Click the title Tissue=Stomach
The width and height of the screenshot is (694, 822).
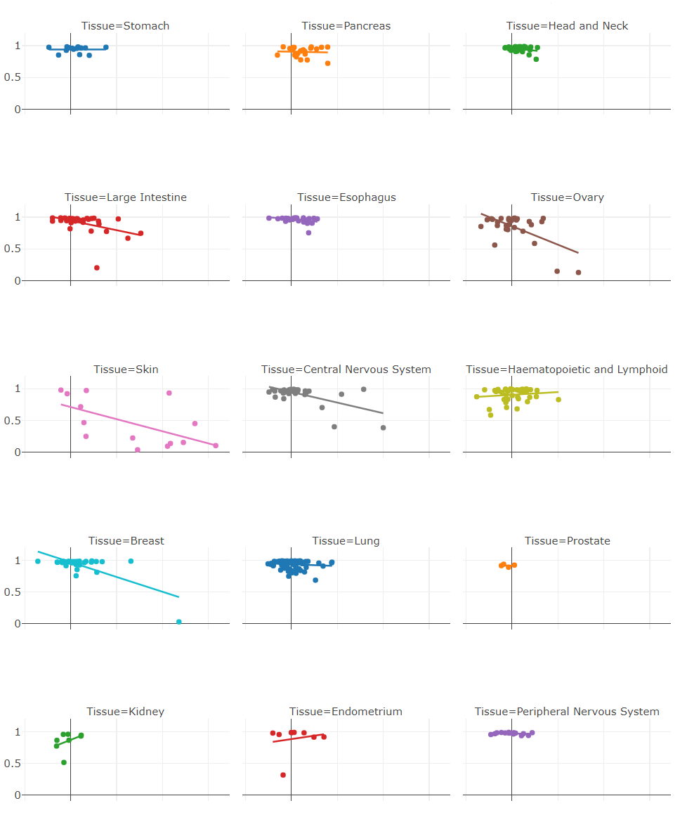pos(125,26)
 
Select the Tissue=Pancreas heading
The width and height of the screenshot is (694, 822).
pos(346,26)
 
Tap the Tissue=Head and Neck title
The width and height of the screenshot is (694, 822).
pos(567,26)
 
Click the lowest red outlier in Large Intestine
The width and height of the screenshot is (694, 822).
pos(97,268)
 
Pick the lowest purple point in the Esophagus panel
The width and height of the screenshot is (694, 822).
pos(308,233)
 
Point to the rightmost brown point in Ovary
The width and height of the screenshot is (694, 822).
pos(579,273)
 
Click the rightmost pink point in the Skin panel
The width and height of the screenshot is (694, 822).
pos(216,445)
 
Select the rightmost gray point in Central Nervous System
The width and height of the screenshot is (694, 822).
pos(383,428)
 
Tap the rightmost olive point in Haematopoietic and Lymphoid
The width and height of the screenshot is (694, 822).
pos(558,400)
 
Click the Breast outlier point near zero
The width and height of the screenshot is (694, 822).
pos(179,622)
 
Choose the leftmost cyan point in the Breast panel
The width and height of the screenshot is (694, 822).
pos(38,561)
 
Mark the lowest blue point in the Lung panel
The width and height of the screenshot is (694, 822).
pos(315,580)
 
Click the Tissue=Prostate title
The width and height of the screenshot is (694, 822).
pos(567,541)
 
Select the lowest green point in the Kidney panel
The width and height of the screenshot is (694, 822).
pos(64,762)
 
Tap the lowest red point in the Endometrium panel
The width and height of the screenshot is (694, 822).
pos(283,775)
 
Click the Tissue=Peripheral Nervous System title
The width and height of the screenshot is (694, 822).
pos(567,712)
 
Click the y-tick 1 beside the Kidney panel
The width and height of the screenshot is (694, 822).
pos(18,732)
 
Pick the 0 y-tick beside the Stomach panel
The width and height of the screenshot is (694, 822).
pos(18,110)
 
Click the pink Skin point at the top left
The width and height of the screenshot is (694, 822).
pos(61,390)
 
